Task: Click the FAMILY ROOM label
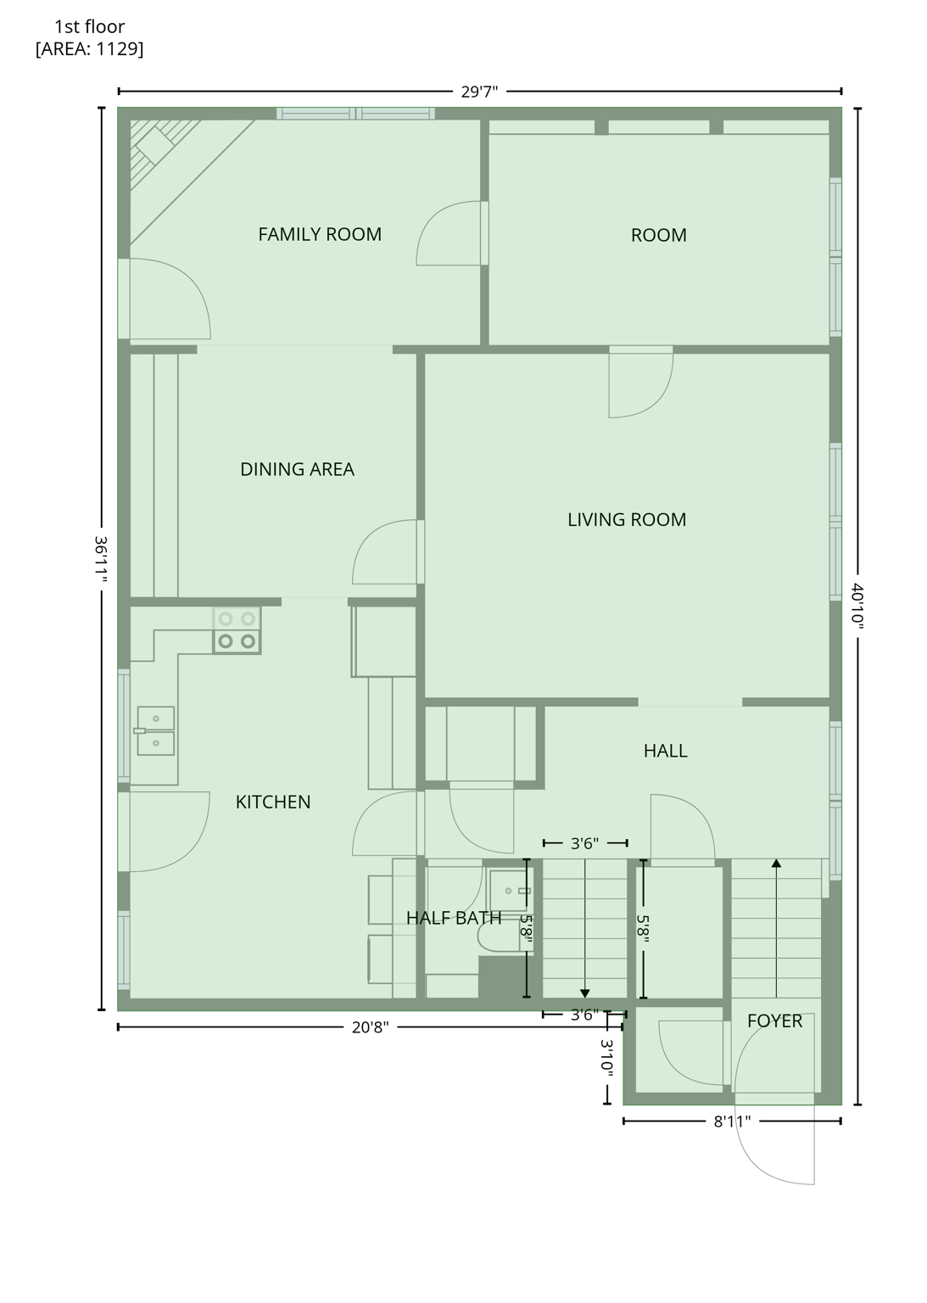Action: [x=320, y=234]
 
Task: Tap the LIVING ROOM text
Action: [x=626, y=519]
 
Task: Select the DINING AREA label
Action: [x=297, y=469]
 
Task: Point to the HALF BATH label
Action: [x=453, y=918]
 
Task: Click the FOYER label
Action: [x=773, y=1021]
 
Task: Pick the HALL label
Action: [x=665, y=751]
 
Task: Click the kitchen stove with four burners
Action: [x=237, y=630]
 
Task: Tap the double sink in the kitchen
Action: [x=156, y=730]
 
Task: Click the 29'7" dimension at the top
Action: [x=479, y=92]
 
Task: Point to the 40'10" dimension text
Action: [x=857, y=606]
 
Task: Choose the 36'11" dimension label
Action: [x=101, y=559]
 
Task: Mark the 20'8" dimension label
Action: [x=370, y=1027]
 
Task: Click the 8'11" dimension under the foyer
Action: [x=731, y=1121]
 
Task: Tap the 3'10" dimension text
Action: [x=607, y=1058]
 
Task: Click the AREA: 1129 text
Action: [x=89, y=49]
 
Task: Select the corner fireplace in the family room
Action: [x=162, y=154]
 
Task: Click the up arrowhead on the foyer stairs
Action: [x=776, y=864]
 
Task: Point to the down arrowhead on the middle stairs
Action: [x=585, y=993]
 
